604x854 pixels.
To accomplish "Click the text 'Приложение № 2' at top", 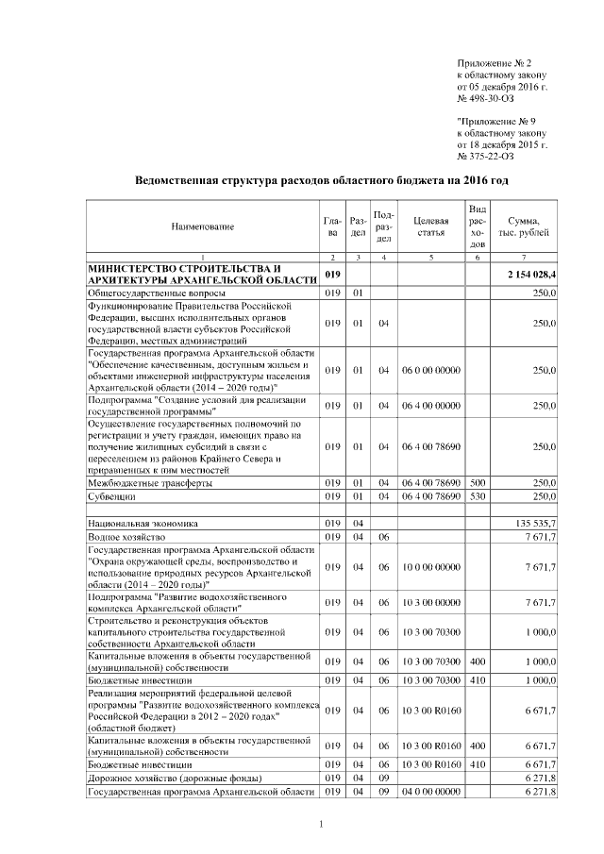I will click(495, 62).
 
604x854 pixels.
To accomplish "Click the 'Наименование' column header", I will click(202, 226).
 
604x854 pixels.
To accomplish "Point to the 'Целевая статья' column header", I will click(430, 226).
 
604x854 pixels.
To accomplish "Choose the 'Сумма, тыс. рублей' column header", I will click(525, 226).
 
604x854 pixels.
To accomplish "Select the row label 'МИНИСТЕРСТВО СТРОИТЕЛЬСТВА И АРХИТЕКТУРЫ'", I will click(201, 275).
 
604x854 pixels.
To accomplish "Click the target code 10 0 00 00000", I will click(430, 566).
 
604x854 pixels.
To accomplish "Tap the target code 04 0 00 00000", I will click(430, 791).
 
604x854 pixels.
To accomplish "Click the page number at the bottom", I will click(321, 827).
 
